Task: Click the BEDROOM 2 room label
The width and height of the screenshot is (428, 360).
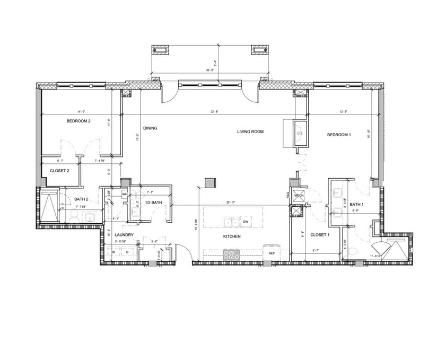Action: [78, 121]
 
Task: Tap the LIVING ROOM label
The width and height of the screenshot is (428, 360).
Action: [250, 131]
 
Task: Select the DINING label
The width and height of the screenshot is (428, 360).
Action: [151, 128]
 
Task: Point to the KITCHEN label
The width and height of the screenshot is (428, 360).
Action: [232, 236]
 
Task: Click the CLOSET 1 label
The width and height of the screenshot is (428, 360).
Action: [320, 234]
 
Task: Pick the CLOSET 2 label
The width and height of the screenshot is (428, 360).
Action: [60, 171]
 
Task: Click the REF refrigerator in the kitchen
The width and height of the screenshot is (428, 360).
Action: [271, 253]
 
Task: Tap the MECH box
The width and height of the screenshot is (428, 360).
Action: [298, 195]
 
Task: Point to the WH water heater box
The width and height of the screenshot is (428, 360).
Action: [124, 195]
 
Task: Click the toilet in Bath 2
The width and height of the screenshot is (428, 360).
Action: [74, 215]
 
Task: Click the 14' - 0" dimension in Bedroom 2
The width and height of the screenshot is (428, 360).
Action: [81, 111]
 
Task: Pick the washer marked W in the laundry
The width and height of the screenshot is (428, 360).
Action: [113, 252]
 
